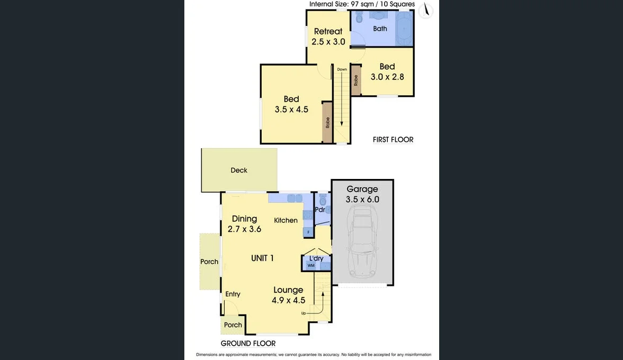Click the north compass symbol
[x=425, y=11]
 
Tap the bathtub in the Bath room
[x=404, y=28]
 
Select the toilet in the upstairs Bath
[x=359, y=19]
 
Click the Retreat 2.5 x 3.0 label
[x=328, y=37]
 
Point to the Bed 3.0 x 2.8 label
[x=387, y=71]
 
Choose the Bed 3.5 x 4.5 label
[x=291, y=104]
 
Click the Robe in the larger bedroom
[x=328, y=123]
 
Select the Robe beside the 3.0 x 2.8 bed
[x=356, y=80]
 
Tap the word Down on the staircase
[x=342, y=69]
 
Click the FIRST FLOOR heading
[x=393, y=140]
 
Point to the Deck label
[x=239, y=170]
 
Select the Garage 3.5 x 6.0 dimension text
[x=362, y=194]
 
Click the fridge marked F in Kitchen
[x=307, y=232]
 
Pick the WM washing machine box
[x=311, y=265]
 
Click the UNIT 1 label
[x=262, y=258]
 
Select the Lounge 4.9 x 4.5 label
[x=288, y=295]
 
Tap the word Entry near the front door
[x=233, y=294]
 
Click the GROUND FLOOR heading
[x=248, y=344]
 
